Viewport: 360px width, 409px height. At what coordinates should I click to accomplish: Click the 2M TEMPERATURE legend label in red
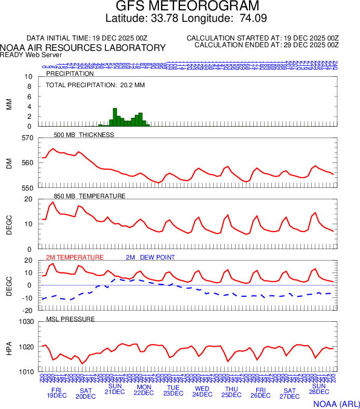point(75,257)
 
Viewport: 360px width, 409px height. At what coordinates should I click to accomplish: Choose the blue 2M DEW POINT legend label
point(150,257)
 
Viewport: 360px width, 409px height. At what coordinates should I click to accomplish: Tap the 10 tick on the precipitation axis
point(29,77)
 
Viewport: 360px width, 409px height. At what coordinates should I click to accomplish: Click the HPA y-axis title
point(9,347)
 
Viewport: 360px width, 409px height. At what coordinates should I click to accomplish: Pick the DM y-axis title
point(9,163)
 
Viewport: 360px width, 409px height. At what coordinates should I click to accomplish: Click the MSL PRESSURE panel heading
point(71,319)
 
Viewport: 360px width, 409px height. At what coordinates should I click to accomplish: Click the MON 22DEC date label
point(144,390)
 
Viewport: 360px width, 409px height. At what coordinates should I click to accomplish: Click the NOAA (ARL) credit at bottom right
point(336,403)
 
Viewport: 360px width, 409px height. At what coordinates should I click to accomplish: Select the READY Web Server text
point(31,54)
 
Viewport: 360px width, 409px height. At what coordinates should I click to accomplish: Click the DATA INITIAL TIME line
point(87,38)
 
